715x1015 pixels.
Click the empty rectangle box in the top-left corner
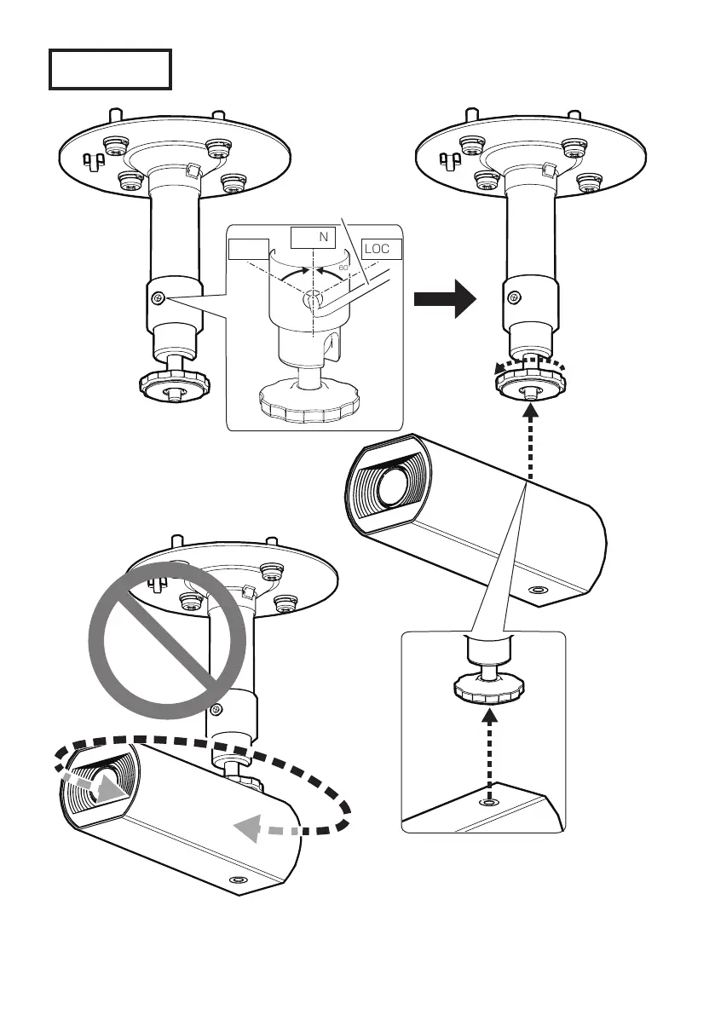click(x=110, y=69)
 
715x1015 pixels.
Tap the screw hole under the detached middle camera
click(x=538, y=590)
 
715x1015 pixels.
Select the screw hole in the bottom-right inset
click(x=488, y=802)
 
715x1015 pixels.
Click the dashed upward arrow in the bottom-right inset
click(x=489, y=750)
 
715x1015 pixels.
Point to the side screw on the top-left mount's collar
click(x=158, y=298)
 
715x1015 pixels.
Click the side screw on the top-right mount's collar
click(x=515, y=297)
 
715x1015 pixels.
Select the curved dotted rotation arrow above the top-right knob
click(x=529, y=366)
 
